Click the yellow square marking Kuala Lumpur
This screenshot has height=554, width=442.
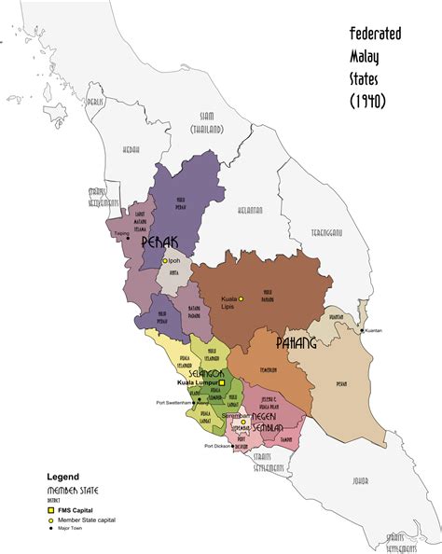point(223,383)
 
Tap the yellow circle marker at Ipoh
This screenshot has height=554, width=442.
point(165,261)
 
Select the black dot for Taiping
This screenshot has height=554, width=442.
point(129,236)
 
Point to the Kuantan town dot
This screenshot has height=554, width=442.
point(363,330)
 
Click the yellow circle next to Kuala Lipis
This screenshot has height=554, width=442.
point(241,298)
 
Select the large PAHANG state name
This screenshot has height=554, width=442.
point(297,343)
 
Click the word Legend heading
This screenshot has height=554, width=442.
point(64,477)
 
